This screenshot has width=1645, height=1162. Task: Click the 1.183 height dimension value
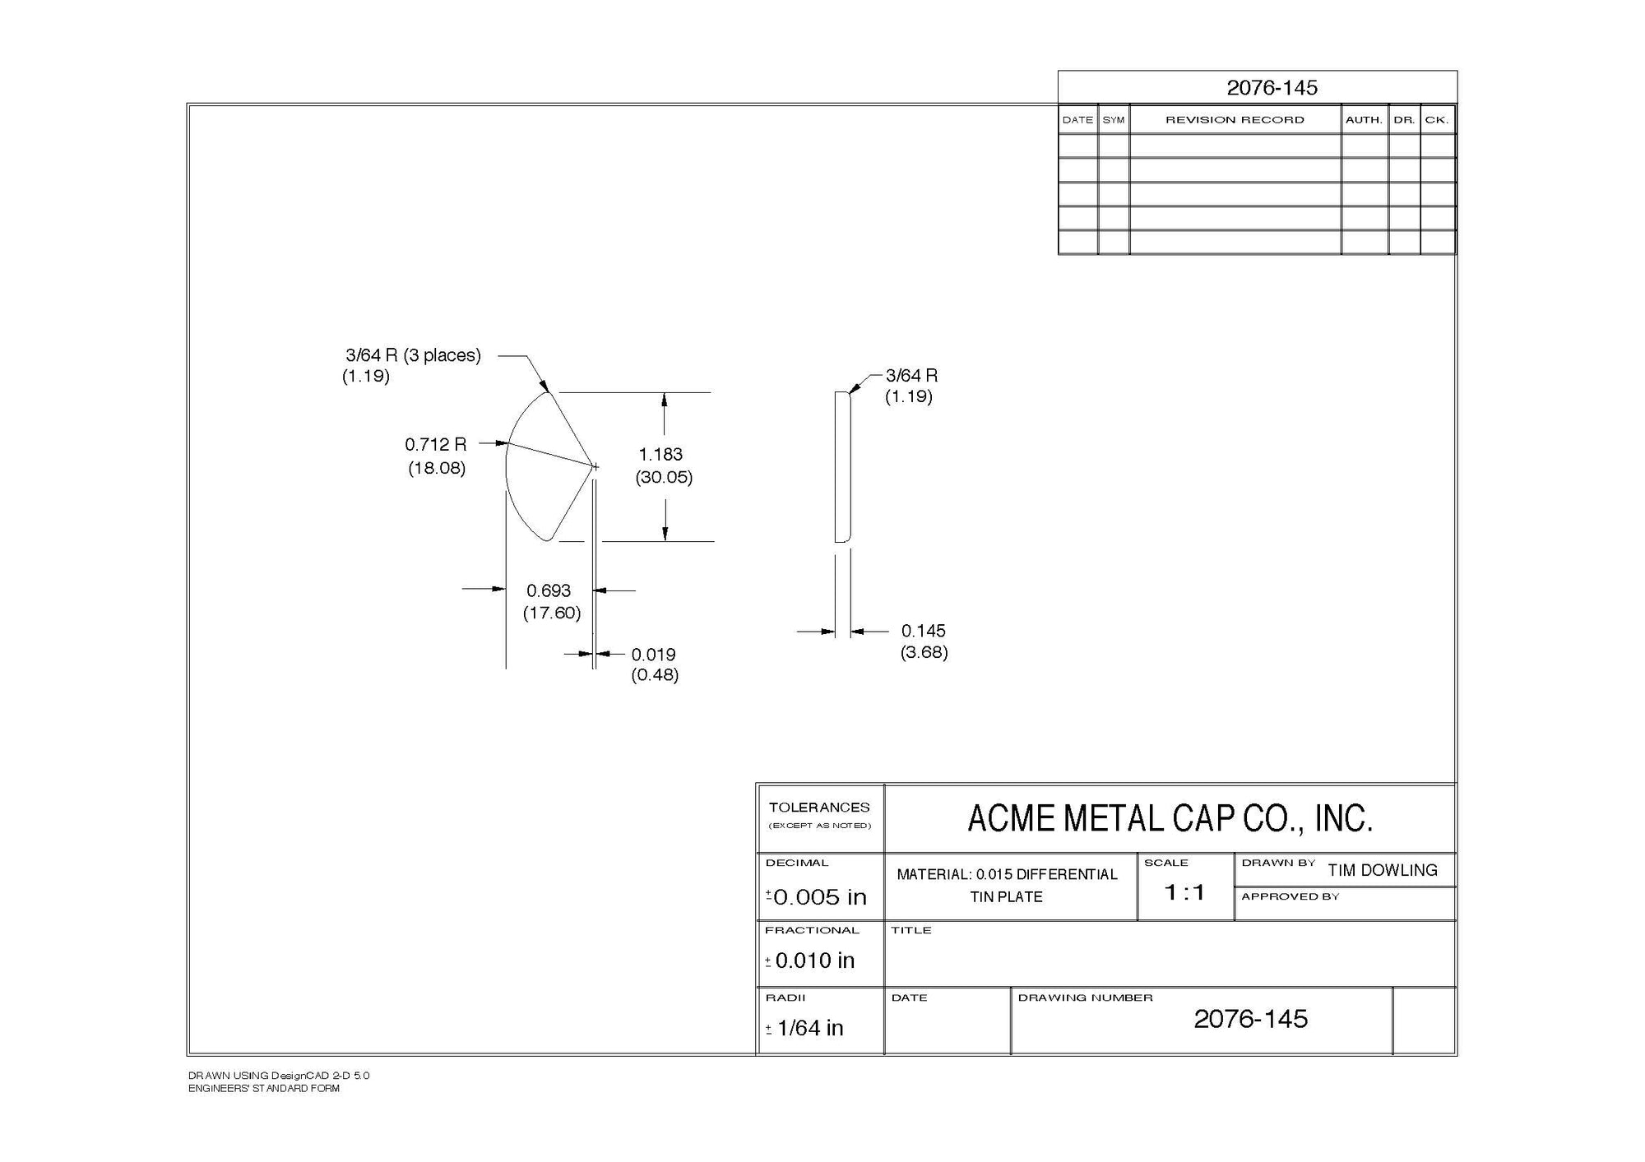point(660,454)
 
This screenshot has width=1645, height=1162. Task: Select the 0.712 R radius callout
point(435,445)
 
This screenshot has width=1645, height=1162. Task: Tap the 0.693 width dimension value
point(549,590)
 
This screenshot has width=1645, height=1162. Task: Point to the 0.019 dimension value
point(653,655)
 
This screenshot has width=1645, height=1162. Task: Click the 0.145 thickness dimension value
point(923,631)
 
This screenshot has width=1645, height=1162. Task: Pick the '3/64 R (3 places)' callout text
point(413,355)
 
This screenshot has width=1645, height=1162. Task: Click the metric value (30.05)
point(664,477)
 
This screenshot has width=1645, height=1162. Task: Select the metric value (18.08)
point(437,468)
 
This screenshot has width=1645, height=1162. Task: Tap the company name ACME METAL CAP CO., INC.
point(1170,818)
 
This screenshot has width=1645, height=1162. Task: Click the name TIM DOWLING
point(1382,870)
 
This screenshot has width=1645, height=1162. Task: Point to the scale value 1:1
point(1184,892)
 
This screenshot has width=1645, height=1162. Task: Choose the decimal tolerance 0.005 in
point(820,896)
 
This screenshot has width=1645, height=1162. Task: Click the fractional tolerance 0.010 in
point(814,960)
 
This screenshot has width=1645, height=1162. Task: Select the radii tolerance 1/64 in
point(809,1028)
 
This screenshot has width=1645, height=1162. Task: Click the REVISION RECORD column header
point(1235,120)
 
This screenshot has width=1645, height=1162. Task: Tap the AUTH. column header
point(1364,120)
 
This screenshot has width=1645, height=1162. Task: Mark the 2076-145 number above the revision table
point(1272,88)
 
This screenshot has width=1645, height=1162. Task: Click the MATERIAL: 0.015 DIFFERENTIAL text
point(1007,874)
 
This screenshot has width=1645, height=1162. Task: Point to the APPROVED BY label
point(1290,896)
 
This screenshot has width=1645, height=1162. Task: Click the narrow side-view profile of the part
point(842,466)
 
